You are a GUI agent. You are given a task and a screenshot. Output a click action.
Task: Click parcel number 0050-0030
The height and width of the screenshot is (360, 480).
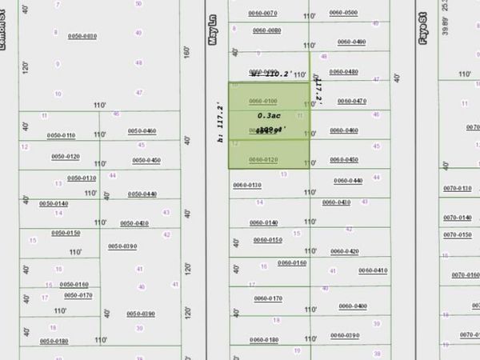82,36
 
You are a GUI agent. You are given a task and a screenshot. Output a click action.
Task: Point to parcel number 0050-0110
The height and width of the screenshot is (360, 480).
62,135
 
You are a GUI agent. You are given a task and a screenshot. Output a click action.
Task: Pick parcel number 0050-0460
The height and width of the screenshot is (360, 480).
142,130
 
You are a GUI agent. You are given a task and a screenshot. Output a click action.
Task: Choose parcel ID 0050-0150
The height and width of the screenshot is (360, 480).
66,233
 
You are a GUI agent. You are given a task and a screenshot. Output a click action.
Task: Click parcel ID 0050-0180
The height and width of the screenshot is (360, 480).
54,342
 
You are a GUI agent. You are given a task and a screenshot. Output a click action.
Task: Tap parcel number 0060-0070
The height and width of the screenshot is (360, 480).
262,13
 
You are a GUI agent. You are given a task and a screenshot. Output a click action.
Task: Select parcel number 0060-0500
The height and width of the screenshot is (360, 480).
343,13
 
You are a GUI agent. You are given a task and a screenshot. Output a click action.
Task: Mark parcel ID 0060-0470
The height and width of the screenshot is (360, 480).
352,101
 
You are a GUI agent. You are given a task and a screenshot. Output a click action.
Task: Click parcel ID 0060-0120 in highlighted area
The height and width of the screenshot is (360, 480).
263,160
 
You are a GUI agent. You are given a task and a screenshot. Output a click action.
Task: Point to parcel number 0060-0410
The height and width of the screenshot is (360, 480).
373,270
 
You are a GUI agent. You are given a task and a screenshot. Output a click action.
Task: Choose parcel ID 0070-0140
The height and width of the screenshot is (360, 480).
458,218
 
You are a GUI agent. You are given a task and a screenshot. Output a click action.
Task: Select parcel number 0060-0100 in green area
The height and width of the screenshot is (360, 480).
263,101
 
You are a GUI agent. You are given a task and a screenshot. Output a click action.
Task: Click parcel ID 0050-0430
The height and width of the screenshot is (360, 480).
134,223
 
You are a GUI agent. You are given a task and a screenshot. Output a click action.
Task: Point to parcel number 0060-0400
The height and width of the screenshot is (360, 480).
352,306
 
